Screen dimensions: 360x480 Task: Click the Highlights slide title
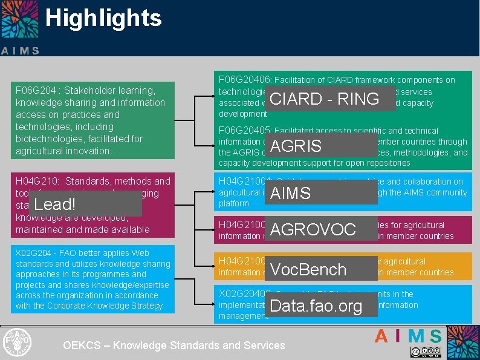(x=103, y=18)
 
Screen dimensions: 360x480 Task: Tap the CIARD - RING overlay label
(x=324, y=99)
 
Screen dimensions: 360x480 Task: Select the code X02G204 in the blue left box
(x=35, y=254)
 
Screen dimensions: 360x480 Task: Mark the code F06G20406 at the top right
(x=245, y=80)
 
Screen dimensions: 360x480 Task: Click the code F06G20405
(x=245, y=131)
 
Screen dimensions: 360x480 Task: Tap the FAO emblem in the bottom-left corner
(x=16, y=342)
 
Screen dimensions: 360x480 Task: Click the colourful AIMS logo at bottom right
(x=408, y=336)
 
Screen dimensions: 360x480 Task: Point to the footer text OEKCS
(x=82, y=345)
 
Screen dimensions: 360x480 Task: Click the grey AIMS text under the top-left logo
(x=20, y=51)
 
